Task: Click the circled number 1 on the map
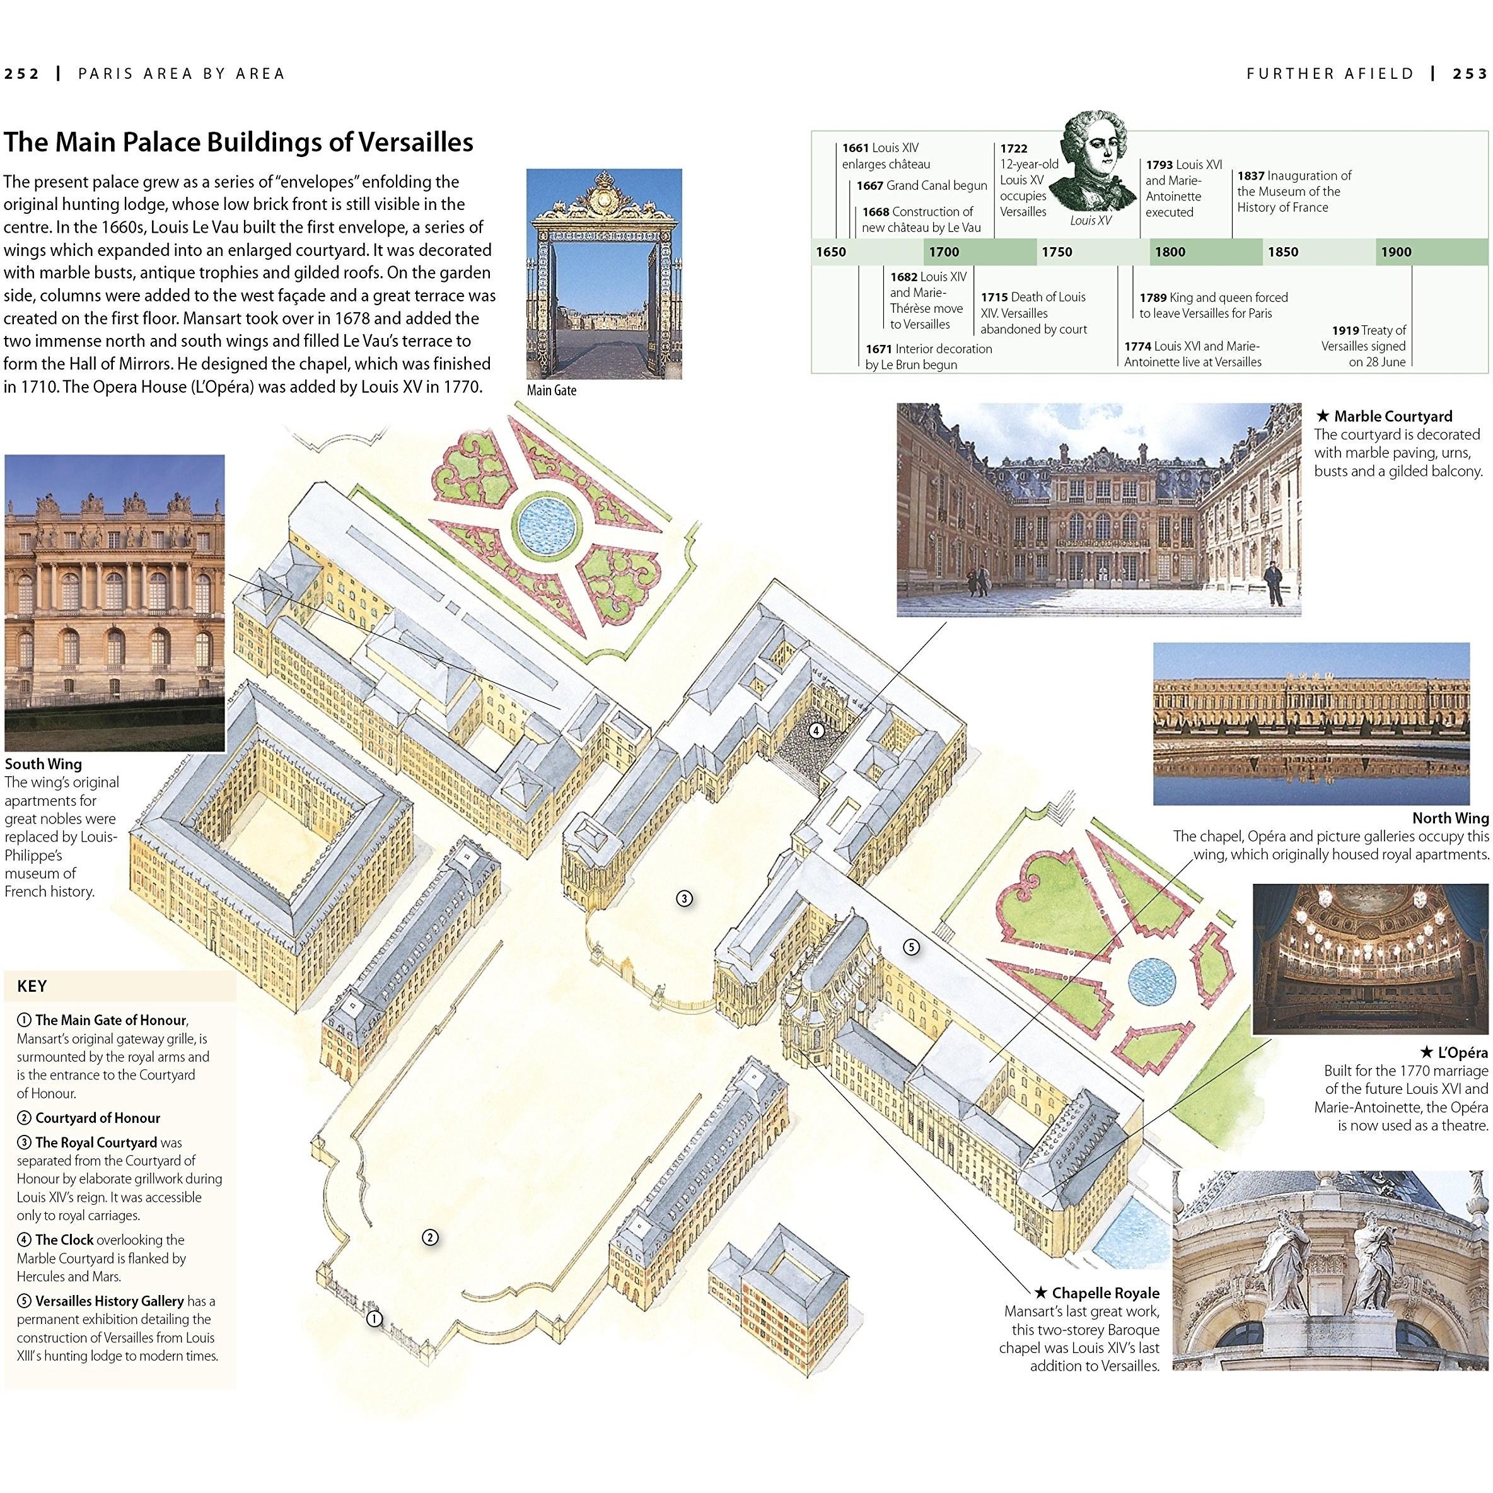374,1318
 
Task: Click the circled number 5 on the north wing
912,946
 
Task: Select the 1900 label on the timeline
1396,252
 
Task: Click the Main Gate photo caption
551,390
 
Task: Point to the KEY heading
32,986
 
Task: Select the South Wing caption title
44,764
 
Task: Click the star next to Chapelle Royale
1041,1293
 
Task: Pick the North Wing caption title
1449,818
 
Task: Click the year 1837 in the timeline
1251,176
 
